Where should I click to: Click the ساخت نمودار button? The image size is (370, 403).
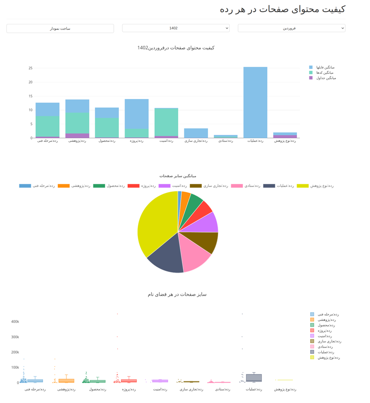click(x=60, y=28)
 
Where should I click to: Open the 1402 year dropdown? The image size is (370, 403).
click(x=176, y=28)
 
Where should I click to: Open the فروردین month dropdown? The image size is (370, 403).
click(x=291, y=28)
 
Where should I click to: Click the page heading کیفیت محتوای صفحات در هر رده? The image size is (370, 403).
click(x=282, y=9)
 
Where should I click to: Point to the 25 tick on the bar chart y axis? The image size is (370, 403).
click(x=31, y=68)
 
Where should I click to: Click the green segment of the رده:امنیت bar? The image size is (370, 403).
click(x=166, y=122)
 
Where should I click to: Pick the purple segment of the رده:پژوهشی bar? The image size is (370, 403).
click(x=77, y=135)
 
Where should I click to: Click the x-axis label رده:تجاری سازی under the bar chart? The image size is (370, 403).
click(x=196, y=141)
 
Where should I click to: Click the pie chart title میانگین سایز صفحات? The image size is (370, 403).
click(x=178, y=176)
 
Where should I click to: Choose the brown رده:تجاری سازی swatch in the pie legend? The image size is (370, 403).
click(x=196, y=186)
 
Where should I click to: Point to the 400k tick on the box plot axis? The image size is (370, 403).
click(x=15, y=322)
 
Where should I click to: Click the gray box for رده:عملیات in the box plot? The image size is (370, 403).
click(x=254, y=377)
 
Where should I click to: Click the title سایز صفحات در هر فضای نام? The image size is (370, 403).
click(x=177, y=295)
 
